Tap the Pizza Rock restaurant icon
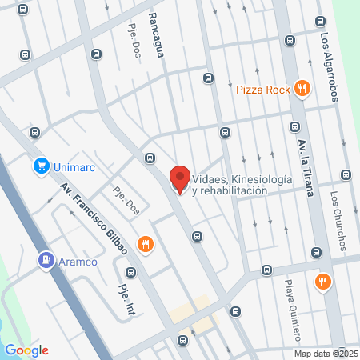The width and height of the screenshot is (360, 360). coord(302,89)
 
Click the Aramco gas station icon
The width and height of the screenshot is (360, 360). coord(46,261)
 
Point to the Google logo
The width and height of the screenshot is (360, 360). coord(26,350)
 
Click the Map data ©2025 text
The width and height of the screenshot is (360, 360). coord(326,354)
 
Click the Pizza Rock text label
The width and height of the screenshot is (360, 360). coord(262,90)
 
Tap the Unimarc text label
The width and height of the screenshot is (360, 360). coord(75,166)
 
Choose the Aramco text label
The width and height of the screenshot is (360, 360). coord(80,262)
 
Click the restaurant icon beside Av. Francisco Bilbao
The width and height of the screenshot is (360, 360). coord(145,243)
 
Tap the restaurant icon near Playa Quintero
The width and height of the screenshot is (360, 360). coord(322,281)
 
